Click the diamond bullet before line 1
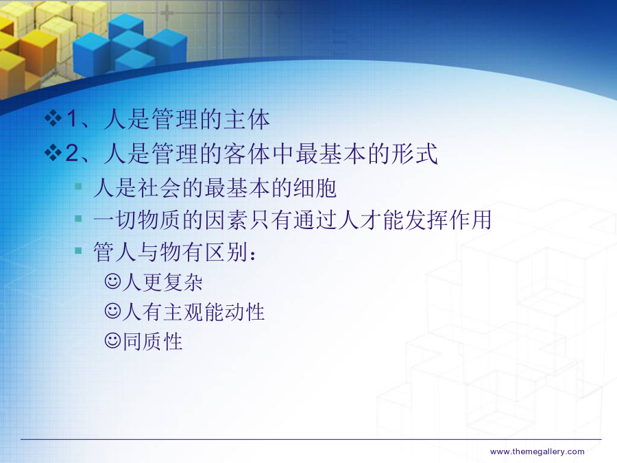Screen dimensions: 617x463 coord(53,118)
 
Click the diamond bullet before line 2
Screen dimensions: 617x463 coord(53,153)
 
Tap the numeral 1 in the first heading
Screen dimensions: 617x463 coord(72,119)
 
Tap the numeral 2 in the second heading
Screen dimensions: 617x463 coord(73,153)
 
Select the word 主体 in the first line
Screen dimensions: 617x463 coord(247,119)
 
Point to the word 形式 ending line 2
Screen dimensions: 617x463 coord(414,154)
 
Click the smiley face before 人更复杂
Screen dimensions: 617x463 coord(112,281)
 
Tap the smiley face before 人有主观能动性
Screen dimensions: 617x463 coord(112,311)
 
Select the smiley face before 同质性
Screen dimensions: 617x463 coord(112,340)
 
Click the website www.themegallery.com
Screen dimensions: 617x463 coord(537,451)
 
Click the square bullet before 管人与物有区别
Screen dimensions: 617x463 coord(78,250)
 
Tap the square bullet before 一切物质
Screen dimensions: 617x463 coord(78,218)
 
